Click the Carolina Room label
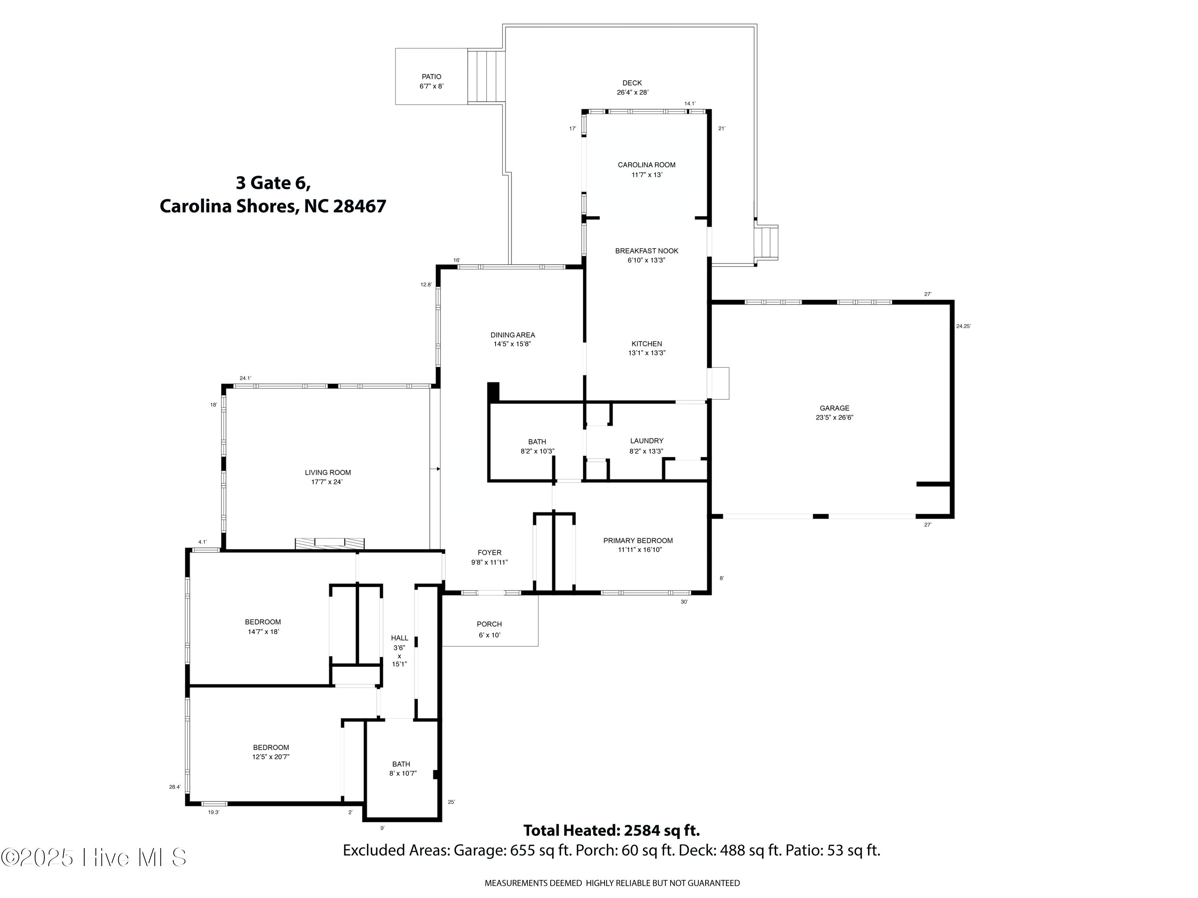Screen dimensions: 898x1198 click(646, 165)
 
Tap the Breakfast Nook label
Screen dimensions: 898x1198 click(646, 251)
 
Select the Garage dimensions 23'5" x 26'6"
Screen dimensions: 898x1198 click(834, 418)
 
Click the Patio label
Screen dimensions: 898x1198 click(431, 77)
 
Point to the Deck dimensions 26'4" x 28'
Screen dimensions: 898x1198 click(632, 93)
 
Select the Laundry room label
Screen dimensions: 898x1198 click(646, 441)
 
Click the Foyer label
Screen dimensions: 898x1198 click(489, 553)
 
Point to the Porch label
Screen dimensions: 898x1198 click(489, 624)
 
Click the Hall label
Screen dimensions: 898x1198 click(399, 638)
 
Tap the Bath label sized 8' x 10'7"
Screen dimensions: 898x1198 click(401, 764)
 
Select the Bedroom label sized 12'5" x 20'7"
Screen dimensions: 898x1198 click(271, 747)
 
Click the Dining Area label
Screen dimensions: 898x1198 click(512, 335)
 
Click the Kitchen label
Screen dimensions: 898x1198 click(646, 343)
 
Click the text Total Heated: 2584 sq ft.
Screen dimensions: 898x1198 click(611, 830)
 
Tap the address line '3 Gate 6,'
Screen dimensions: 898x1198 click(273, 182)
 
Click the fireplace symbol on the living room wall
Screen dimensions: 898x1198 click(329, 543)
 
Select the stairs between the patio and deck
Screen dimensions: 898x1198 click(486, 76)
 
